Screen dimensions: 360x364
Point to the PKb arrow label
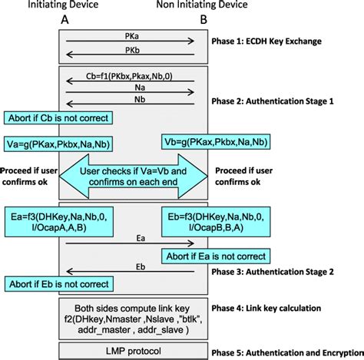134,48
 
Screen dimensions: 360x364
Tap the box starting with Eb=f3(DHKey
208,222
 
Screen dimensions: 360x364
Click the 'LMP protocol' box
133,350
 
